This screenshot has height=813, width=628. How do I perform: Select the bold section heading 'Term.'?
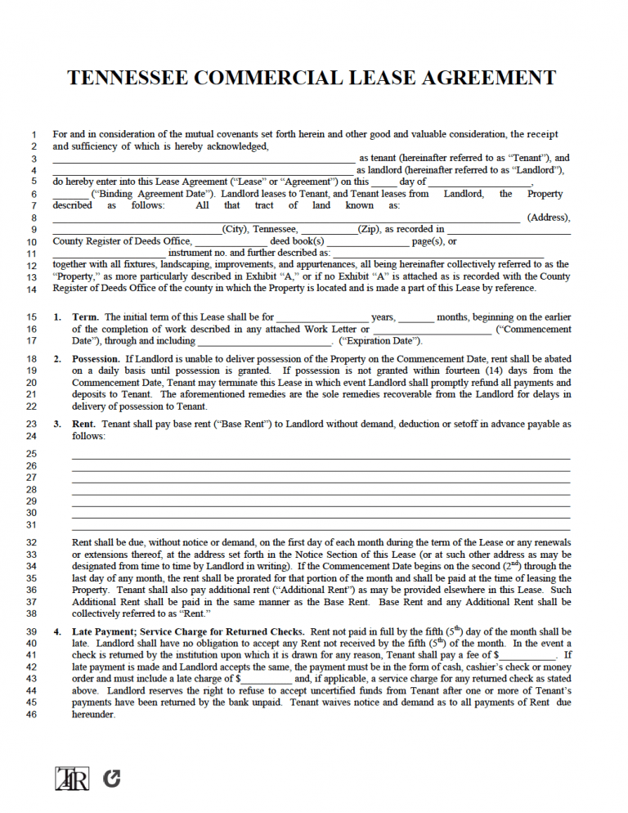tap(85, 317)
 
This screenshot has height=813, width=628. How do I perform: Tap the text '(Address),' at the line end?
tap(549, 218)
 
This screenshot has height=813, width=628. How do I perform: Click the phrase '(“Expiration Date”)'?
tap(380, 341)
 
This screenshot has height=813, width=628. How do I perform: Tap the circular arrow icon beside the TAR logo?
tap(111, 779)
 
